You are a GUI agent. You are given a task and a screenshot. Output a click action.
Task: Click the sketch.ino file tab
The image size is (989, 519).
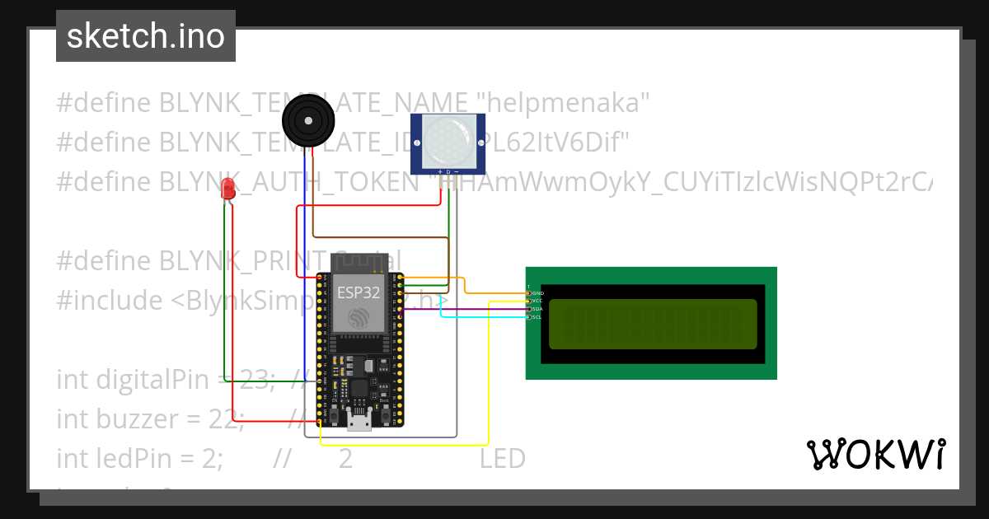(146, 36)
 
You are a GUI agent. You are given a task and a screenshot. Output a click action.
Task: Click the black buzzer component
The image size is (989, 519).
(308, 121)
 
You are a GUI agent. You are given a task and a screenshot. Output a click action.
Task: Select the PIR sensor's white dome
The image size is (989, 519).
(448, 138)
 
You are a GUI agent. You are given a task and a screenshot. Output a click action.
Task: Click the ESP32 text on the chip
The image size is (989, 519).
(359, 292)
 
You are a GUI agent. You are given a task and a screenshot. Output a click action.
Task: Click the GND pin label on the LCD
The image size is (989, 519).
(537, 293)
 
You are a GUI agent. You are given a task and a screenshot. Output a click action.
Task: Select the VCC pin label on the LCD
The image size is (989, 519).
(537, 302)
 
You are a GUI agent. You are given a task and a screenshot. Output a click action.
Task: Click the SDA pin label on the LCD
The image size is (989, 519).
(537, 309)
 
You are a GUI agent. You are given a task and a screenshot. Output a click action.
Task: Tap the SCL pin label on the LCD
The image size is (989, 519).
(537, 317)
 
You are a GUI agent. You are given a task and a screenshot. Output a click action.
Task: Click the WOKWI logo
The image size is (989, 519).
(875, 455)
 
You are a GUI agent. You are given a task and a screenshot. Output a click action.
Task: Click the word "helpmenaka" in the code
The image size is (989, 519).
(565, 103)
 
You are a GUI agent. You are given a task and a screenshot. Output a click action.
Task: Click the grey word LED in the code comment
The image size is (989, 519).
(502, 458)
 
